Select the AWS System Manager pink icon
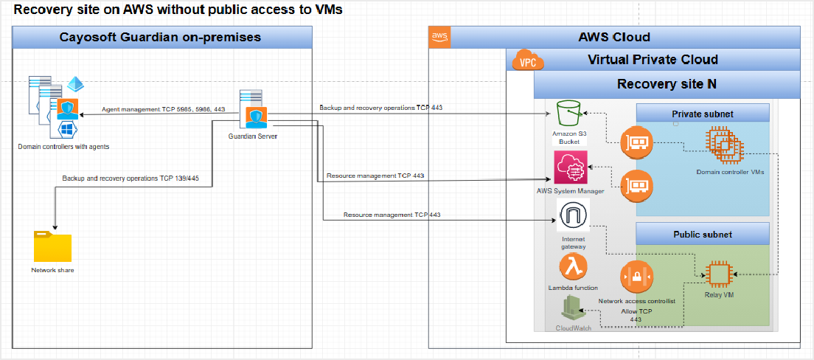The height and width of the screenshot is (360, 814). (571, 167)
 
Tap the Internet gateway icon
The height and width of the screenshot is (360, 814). (573, 217)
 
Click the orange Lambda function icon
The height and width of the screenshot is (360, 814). (573, 267)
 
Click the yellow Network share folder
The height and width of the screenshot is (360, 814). (52, 246)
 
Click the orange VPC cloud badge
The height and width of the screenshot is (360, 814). (527, 60)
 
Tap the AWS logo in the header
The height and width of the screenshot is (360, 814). (440, 38)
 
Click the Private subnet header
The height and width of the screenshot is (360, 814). (702, 113)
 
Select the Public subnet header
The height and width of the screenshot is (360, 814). (702, 235)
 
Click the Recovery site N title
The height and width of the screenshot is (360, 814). (667, 83)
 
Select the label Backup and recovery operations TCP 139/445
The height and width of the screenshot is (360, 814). (131, 179)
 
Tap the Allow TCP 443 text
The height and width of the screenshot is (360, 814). (636, 315)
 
